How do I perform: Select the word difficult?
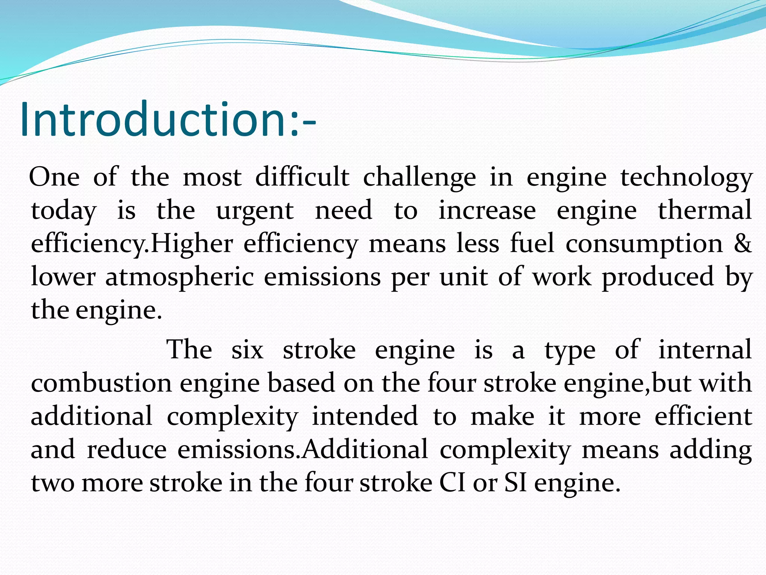(x=302, y=177)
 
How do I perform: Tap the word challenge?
(x=419, y=177)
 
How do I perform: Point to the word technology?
(x=686, y=177)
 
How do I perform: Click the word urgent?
(x=255, y=211)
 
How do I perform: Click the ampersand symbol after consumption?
(x=742, y=244)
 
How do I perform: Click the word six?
(x=247, y=350)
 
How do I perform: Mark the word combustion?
(x=101, y=383)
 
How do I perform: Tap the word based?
(x=301, y=383)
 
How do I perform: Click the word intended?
(x=365, y=416)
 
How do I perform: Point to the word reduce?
(x=127, y=450)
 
